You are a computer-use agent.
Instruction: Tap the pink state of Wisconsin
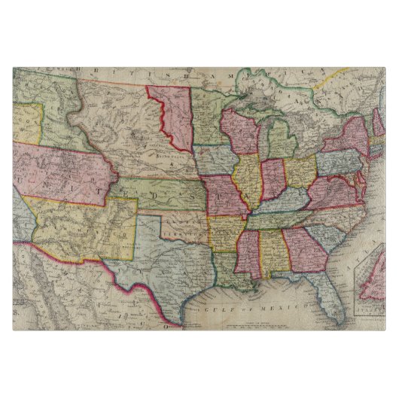(240, 134)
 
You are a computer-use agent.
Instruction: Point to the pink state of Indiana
(272, 179)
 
